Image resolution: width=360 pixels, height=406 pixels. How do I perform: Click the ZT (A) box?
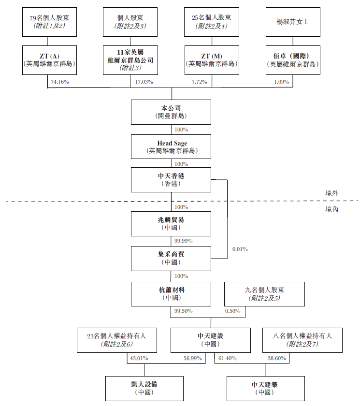(49, 60)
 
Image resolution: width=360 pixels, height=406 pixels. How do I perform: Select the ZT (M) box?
(211, 60)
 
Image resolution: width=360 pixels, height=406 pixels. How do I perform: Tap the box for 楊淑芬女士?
(293, 22)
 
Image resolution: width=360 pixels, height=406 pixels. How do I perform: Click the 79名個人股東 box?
(49, 22)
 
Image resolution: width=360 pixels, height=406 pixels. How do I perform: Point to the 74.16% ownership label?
(60, 82)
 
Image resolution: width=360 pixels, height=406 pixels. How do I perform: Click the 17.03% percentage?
(144, 82)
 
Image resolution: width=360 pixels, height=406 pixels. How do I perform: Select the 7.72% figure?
(199, 82)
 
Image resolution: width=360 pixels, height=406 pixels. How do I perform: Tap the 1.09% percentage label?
(281, 82)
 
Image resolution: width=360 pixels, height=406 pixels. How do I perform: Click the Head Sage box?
(171, 147)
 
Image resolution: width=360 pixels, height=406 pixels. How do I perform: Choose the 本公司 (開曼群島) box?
(171, 112)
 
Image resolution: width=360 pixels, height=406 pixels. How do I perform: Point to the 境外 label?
(332, 193)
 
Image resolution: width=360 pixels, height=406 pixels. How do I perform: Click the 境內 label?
(332, 209)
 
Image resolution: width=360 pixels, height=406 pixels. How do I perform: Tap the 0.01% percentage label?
(240, 249)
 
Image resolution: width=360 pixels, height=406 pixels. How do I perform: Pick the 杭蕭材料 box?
(171, 294)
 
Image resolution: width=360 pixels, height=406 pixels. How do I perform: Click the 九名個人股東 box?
(264, 294)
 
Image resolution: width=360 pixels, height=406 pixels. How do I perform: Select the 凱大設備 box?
(144, 388)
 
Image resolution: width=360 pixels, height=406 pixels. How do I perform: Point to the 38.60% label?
(276, 358)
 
